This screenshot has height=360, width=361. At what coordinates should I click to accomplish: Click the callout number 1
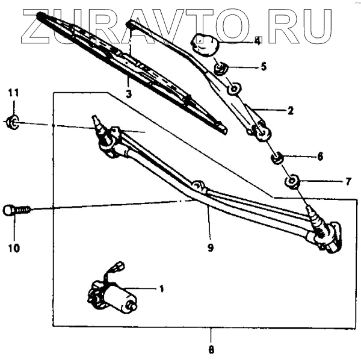(161, 288)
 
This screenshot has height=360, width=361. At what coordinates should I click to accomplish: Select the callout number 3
(129, 94)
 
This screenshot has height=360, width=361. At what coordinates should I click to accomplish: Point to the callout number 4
(258, 41)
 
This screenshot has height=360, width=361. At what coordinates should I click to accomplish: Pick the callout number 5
(264, 67)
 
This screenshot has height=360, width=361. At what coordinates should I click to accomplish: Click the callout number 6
(320, 157)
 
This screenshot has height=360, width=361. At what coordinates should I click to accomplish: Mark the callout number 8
(211, 349)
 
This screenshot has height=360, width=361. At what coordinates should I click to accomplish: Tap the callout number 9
(211, 246)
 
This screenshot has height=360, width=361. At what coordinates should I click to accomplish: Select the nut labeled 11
(13, 123)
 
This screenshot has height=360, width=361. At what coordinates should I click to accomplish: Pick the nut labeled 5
(220, 67)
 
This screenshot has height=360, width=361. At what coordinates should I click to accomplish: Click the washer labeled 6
(277, 159)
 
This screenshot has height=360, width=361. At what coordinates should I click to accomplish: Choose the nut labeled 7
(292, 181)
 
